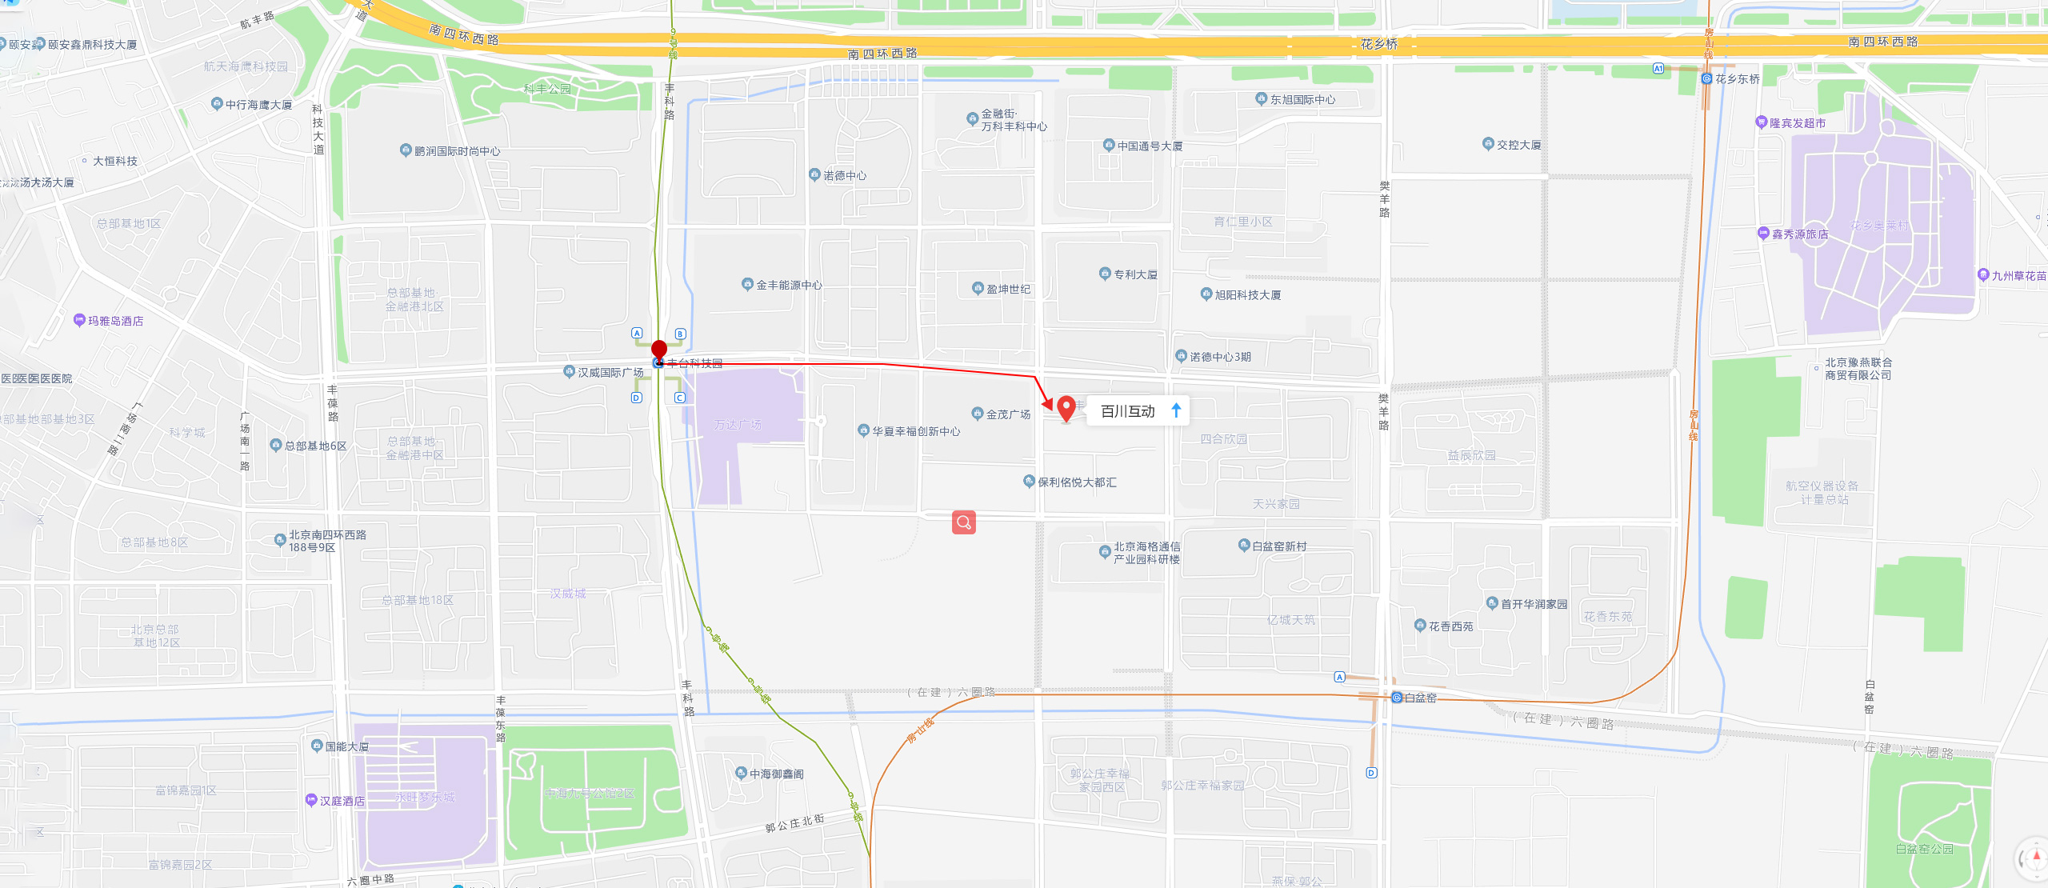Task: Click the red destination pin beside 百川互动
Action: point(1066,408)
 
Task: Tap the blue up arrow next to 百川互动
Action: point(1176,411)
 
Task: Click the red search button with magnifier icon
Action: point(964,522)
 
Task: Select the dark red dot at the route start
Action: point(659,349)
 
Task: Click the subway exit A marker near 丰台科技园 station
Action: point(637,333)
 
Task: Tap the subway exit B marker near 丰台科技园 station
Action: point(680,334)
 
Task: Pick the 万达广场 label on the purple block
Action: point(738,425)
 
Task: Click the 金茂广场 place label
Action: point(1007,414)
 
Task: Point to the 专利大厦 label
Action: point(1135,274)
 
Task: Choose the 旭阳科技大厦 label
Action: point(1247,295)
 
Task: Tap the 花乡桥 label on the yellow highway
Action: point(1379,44)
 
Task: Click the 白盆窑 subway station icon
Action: point(1397,698)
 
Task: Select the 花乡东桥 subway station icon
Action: point(1706,78)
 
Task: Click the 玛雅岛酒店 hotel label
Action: point(114,321)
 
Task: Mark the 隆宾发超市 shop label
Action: point(1797,123)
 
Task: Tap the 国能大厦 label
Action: point(346,746)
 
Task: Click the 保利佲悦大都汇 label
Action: point(1077,482)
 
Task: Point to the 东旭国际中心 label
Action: point(1302,100)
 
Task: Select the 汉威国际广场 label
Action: point(610,373)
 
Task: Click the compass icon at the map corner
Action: point(2034,859)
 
